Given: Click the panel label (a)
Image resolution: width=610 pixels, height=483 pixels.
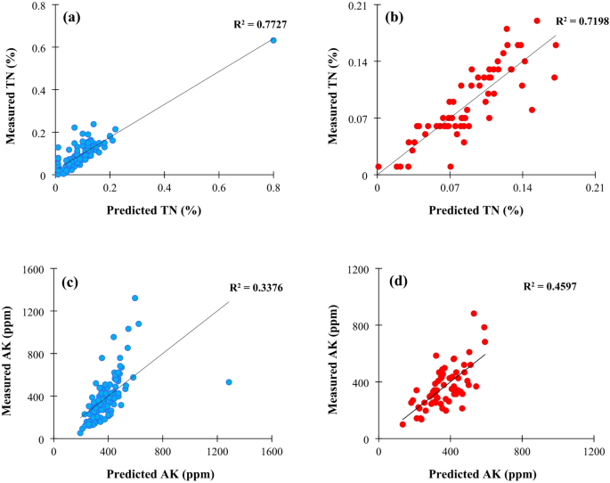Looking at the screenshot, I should pos(75,16).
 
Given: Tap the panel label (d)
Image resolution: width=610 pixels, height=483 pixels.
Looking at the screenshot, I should pos(401,285).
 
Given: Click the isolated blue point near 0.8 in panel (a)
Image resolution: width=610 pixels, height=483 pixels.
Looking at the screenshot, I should pos(273,40).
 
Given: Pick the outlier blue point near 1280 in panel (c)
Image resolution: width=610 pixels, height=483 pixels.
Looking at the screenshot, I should pos(229,382).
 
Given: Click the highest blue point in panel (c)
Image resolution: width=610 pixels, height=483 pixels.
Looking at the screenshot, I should pos(135,299).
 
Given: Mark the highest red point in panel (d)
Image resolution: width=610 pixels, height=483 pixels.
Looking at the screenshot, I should pos(474,314).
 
